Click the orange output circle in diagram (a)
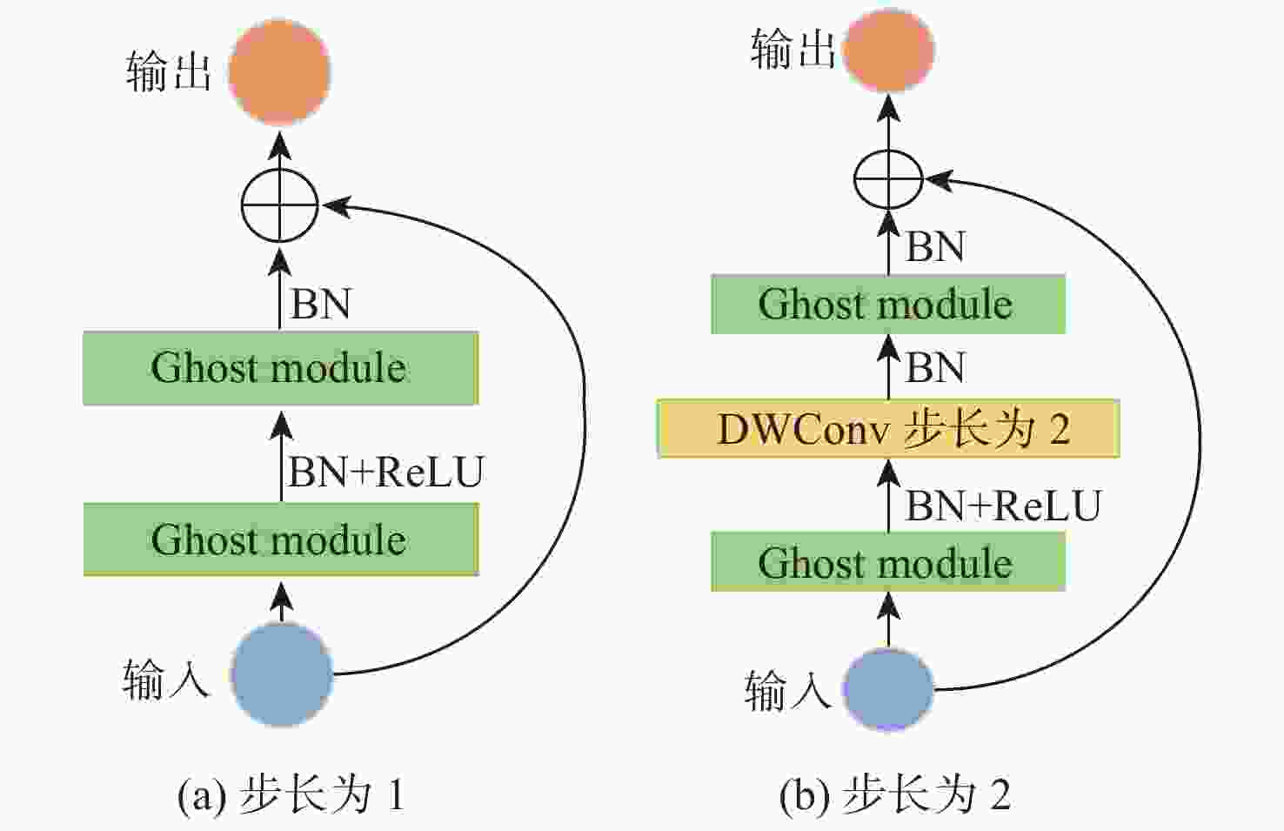point(280,72)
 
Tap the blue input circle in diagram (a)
point(282,674)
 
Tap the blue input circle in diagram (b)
point(888,689)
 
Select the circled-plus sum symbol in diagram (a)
point(279,206)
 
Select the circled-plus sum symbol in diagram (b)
point(888,179)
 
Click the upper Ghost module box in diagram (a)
point(280,368)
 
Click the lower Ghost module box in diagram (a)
point(280,539)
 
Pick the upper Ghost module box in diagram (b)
point(887,305)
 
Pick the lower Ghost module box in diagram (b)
point(887,563)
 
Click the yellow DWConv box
point(887,429)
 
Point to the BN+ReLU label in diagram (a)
point(385,472)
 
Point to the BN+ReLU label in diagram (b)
point(1003,506)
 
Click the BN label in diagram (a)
point(320,305)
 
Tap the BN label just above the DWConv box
point(935,367)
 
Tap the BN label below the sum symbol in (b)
point(935,246)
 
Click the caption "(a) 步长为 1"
point(291,794)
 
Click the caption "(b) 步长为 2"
point(895,794)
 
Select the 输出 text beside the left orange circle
point(169,71)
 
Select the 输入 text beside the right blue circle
point(787,691)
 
